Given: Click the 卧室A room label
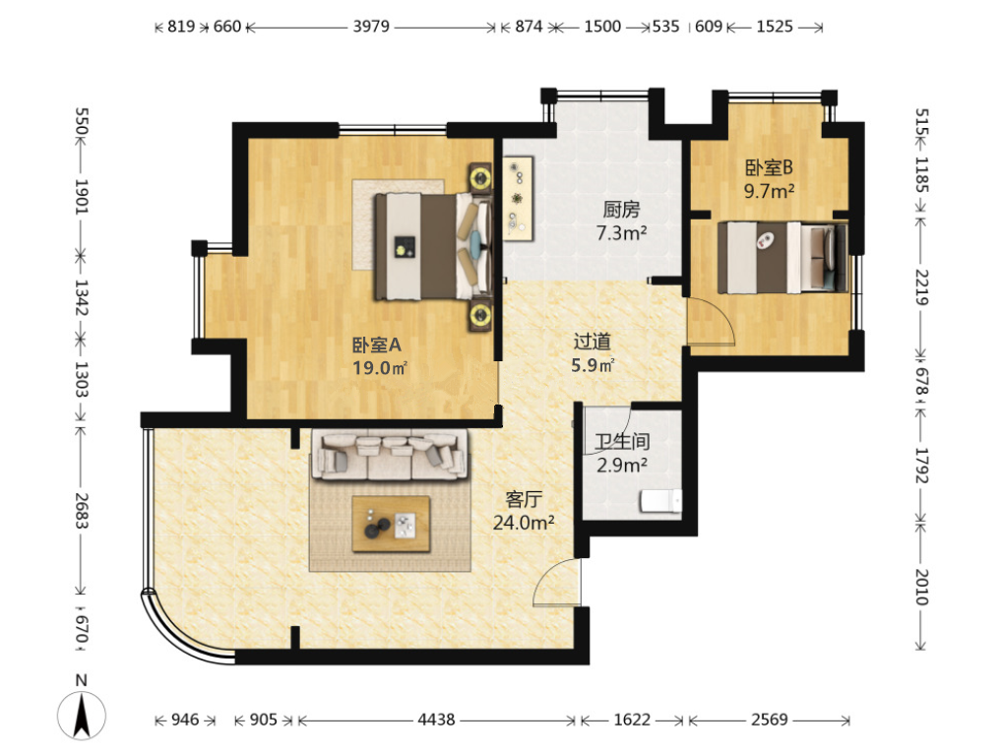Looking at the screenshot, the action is click(377, 345).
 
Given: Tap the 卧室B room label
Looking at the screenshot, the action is click(769, 168).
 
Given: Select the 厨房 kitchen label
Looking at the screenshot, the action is click(621, 210).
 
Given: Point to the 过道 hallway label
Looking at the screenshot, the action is click(592, 342).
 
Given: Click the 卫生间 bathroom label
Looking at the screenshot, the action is click(622, 441).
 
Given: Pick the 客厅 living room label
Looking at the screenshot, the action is click(524, 499).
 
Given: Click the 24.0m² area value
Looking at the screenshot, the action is click(524, 523).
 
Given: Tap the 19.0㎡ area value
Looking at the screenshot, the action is click(381, 368).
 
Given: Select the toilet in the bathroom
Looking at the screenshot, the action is click(660, 501).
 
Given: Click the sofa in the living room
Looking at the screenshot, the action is click(390, 456).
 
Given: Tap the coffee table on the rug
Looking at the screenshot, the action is click(391, 524).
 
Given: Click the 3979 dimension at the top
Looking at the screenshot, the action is click(371, 27).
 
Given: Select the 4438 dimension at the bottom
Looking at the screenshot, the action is click(436, 721).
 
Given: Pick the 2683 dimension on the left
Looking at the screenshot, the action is click(81, 511).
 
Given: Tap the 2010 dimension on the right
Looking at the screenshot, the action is click(921, 587).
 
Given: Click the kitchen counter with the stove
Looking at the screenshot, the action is click(518, 198).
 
